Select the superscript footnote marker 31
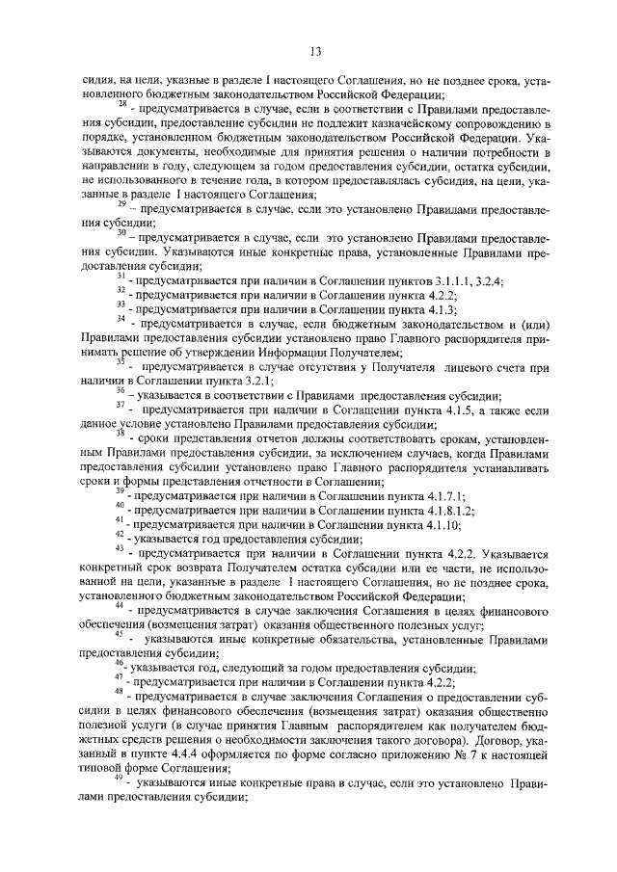(121, 274)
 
